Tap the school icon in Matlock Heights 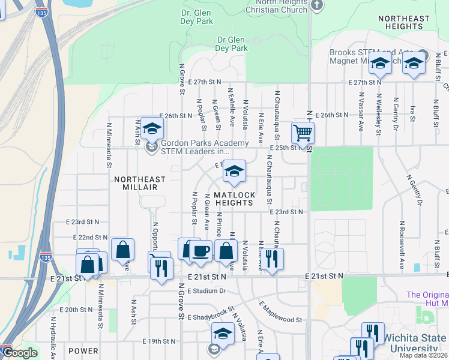click(x=234, y=172)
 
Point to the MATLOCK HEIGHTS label click(x=235, y=199)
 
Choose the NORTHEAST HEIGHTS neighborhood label click(x=404, y=23)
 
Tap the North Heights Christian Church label click(x=277, y=6)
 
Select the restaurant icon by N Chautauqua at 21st click(x=271, y=259)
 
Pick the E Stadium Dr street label click(x=206, y=291)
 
